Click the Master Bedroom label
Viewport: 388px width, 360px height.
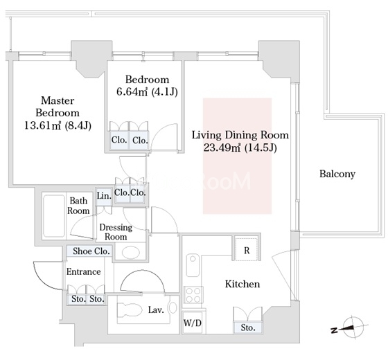[58, 107]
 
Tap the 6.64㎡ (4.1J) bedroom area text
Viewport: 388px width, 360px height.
[147, 92]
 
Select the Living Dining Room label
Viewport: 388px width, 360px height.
[240, 135]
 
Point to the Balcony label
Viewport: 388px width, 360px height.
[337, 174]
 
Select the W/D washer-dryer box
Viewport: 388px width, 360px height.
[193, 323]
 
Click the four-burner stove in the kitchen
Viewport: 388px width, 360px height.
[193, 295]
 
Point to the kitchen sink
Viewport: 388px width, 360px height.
[193, 266]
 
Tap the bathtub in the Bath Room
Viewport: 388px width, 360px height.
[54, 216]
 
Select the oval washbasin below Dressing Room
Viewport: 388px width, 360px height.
[131, 252]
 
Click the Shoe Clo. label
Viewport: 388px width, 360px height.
[91, 251]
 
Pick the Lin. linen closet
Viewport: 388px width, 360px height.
[104, 197]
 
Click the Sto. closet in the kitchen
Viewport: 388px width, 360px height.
[248, 327]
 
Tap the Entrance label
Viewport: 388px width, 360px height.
[84, 271]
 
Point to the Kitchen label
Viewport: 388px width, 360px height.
[242, 284]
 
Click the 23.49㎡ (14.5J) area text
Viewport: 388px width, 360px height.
[240, 148]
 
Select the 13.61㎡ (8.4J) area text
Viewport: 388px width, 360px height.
[58, 125]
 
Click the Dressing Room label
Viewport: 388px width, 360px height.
[116, 232]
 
